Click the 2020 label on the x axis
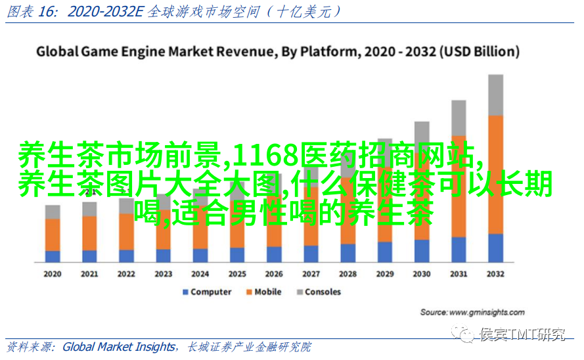pos(52,274)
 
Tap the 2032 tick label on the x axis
pos(495,274)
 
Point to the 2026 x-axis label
pos(274,274)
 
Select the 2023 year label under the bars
pos(163,274)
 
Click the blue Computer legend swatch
pos(185,292)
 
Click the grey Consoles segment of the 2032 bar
pos(495,95)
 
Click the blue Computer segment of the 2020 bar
pos(52,256)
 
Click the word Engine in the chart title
pos(143,51)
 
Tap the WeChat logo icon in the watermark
pos(466,335)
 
